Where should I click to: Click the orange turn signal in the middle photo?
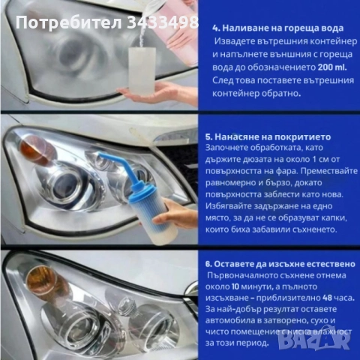click(34, 152)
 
